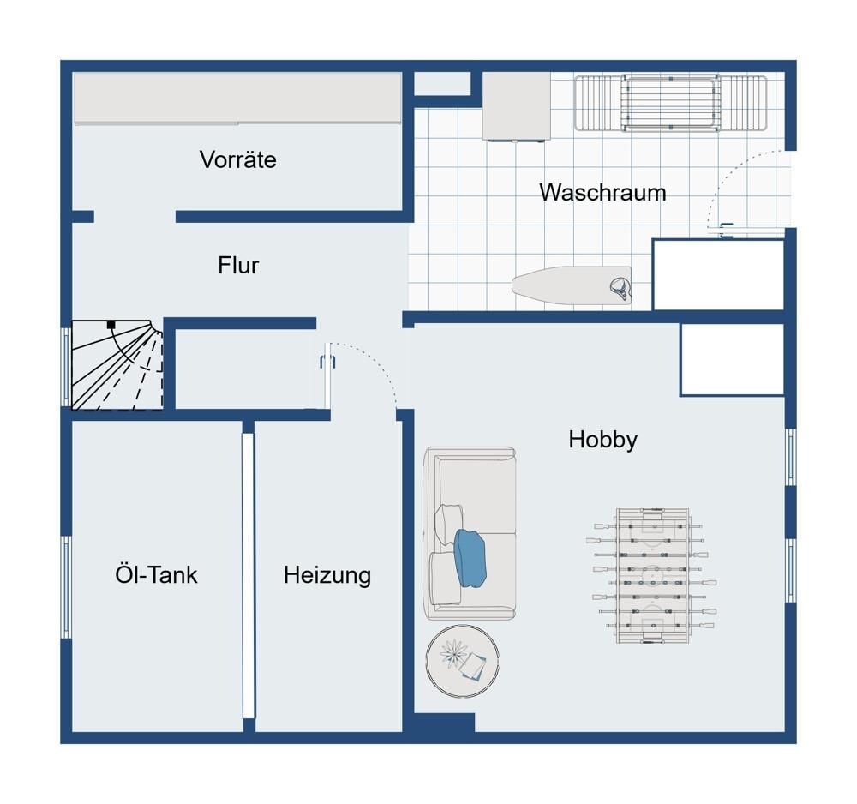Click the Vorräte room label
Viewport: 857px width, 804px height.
[x=237, y=159]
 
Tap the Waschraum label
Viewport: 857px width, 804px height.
[x=602, y=192]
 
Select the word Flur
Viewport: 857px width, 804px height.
[x=238, y=265]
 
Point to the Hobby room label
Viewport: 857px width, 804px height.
[x=602, y=440]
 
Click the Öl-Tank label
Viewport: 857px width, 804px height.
[x=156, y=574]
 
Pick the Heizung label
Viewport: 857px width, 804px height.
[x=327, y=575]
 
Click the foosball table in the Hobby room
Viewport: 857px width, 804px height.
[x=651, y=575]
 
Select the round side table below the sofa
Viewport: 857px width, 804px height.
[x=463, y=662]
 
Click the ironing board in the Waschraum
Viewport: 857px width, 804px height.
[x=572, y=285]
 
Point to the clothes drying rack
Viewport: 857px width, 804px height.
[x=671, y=104]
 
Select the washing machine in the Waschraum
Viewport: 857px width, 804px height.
[x=516, y=106]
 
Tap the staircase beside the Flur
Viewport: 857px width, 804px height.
[x=117, y=365]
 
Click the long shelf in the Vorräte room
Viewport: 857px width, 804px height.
[x=237, y=99]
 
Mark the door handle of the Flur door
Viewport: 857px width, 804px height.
[x=327, y=361]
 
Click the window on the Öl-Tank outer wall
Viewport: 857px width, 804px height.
[x=66, y=587]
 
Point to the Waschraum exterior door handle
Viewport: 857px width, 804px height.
[x=727, y=231]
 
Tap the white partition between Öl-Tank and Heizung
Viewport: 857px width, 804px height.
[x=249, y=575]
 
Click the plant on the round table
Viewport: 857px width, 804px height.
[x=452, y=653]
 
